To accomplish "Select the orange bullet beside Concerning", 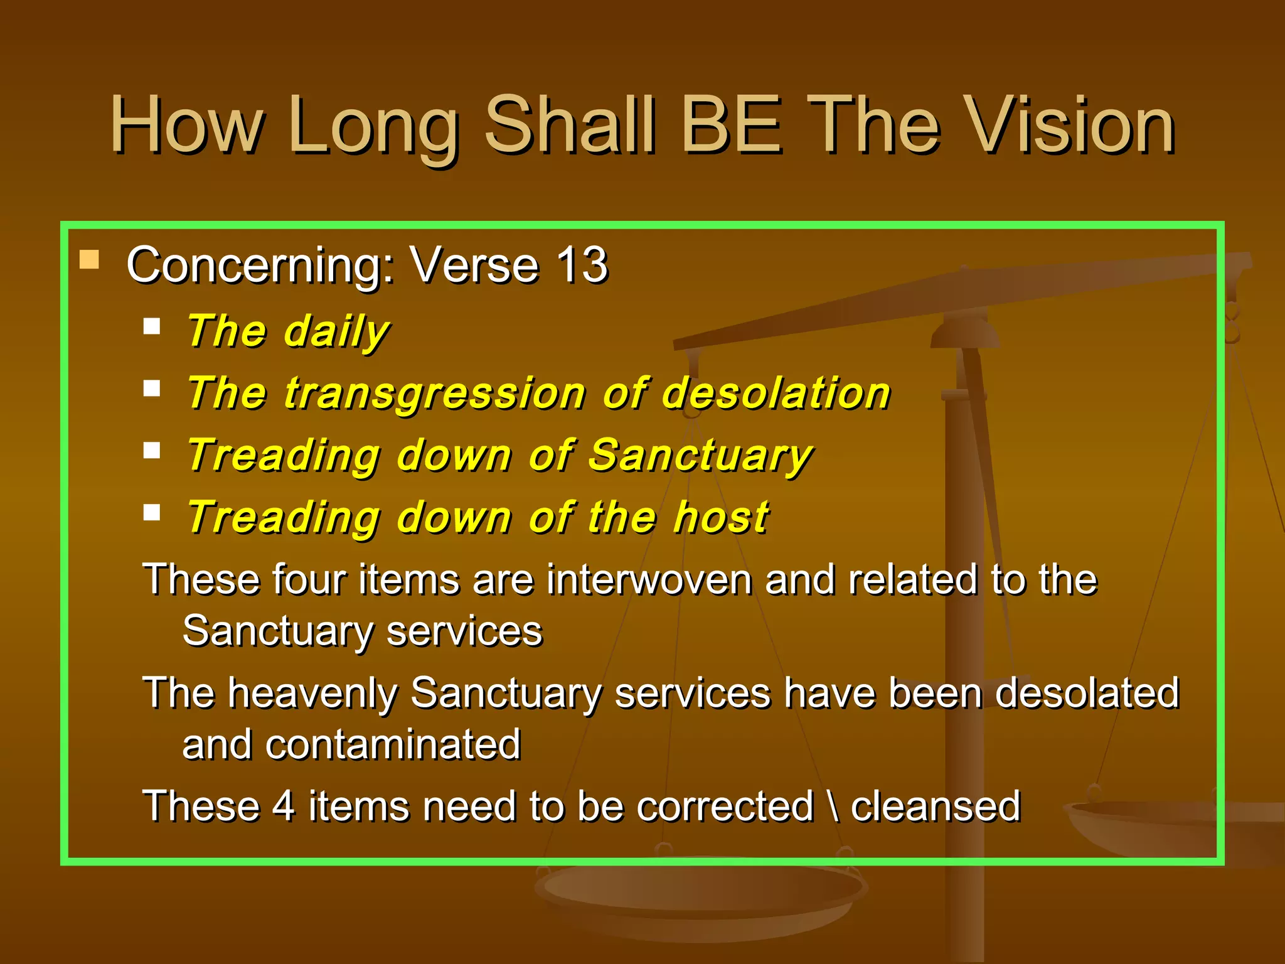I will (x=90, y=260).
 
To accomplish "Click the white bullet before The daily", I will (x=152, y=326).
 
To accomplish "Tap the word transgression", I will (x=434, y=394).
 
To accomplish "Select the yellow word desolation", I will (x=776, y=394).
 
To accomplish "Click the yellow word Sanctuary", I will (x=700, y=456).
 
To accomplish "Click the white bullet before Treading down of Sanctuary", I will (x=152, y=451).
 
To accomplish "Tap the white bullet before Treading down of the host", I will (x=152, y=513).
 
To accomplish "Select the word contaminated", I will (x=393, y=745).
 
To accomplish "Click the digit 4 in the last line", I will (x=284, y=806).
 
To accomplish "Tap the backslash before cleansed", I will (x=833, y=806).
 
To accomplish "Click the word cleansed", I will (x=935, y=806).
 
